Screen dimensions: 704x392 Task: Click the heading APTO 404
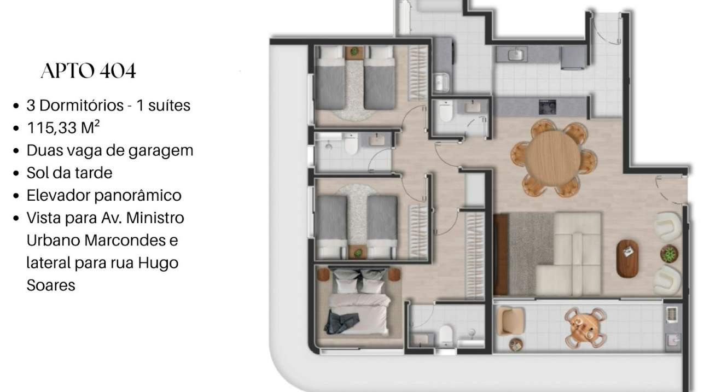click(x=88, y=71)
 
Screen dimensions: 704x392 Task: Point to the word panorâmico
click(x=138, y=196)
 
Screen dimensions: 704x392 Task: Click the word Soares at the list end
click(x=51, y=285)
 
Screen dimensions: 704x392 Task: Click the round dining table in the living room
click(x=553, y=159)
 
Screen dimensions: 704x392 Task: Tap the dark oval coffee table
click(x=627, y=259)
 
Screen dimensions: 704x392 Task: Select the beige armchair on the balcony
click(x=511, y=321)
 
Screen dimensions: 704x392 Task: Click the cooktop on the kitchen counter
click(x=548, y=107)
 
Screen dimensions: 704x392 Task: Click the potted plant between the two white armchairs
click(x=669, y=254)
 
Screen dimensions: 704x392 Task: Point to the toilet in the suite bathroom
click(x=446, y=335)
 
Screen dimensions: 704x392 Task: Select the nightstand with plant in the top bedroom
click(x=354, y=52)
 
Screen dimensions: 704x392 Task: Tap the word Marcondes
click(x=125, y=241)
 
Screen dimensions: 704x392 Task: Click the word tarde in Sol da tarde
click(x=96, y=173)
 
